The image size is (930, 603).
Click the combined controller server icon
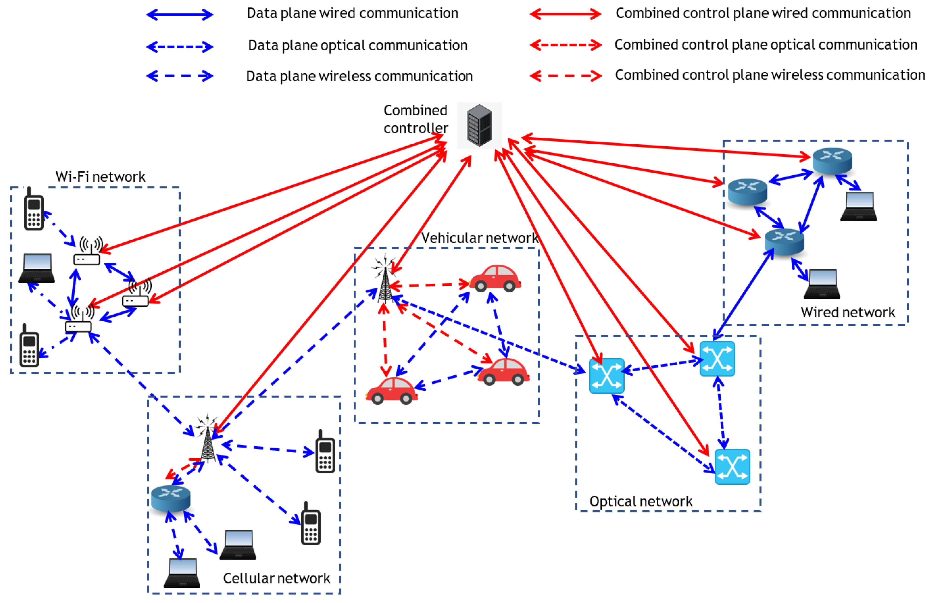click(x=479, y=125)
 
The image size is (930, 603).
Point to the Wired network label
click(x=847, y=312)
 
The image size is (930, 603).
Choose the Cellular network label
click(x=276, y=578)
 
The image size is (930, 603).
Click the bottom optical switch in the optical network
click(x=732, y=466)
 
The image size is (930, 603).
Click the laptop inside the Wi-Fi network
click(x=37, y=268)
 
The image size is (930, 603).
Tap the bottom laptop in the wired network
click(x=822, y=284)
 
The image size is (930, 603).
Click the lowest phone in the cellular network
click(x=311, y=524)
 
